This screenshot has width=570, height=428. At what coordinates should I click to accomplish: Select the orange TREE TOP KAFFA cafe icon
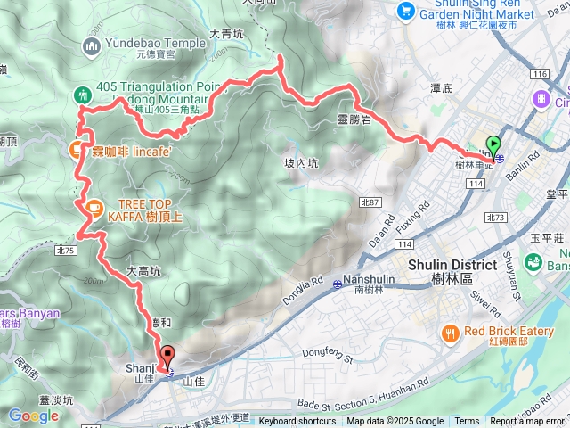pyautogui.click(x=92, y=207)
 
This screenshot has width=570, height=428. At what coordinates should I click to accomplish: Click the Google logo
pyautogui.click(x=33, y=416)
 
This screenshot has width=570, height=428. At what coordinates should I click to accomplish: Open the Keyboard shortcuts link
pyautogui.click(x=297, y=422)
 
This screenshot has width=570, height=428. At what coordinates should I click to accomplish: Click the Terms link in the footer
pyautogui.click(x=467, y=422)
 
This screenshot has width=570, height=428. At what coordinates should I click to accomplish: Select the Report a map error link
pyautogui.click(x=527, y=422)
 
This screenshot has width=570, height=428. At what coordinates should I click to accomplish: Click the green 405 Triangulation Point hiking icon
pyautogui.click(x=82, y=93)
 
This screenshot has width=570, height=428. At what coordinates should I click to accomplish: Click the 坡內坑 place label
pyautogui.click(x=301, y=163)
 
